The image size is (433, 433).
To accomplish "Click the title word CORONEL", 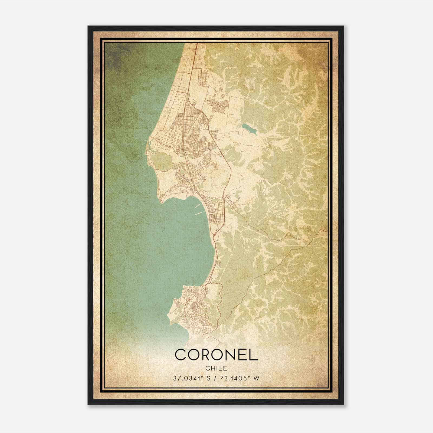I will [216, 355].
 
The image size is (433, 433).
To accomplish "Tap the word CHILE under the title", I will [216, 368].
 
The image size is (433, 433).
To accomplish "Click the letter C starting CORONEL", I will [181, 355].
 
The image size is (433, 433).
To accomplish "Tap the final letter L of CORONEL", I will [254, 355].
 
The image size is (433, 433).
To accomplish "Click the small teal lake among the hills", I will [250, 129].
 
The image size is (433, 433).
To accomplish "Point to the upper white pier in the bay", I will [197, 207].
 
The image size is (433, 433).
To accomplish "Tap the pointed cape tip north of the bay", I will [161, 202].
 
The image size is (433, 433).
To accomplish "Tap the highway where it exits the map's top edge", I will [196, 44].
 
